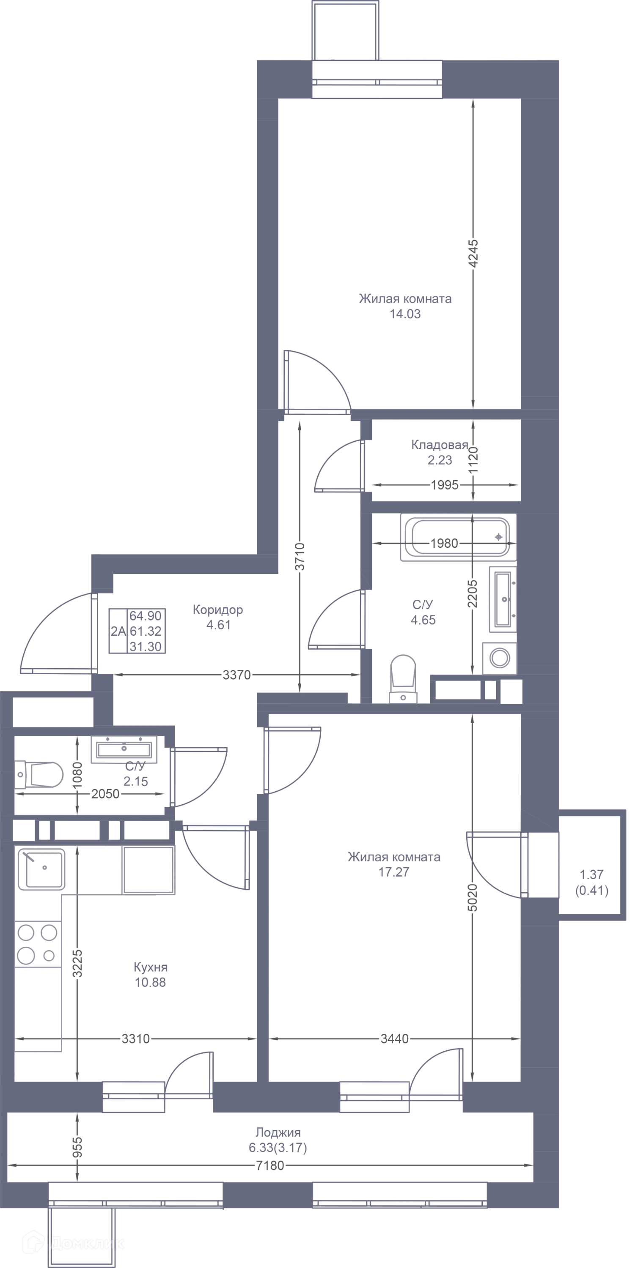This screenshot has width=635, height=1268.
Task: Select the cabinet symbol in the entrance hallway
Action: click(137, 631)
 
